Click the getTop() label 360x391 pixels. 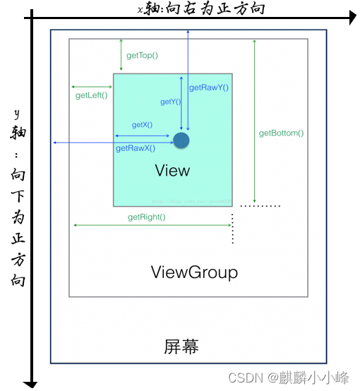141,55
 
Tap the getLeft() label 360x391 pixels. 91,96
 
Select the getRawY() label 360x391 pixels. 209,88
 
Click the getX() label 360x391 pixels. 142,125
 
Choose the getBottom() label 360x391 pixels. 281,133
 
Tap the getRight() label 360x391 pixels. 146,217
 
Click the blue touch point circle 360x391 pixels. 181,140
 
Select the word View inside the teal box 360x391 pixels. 172,171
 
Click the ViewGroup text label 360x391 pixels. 194,272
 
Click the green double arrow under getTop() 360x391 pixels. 121,55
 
